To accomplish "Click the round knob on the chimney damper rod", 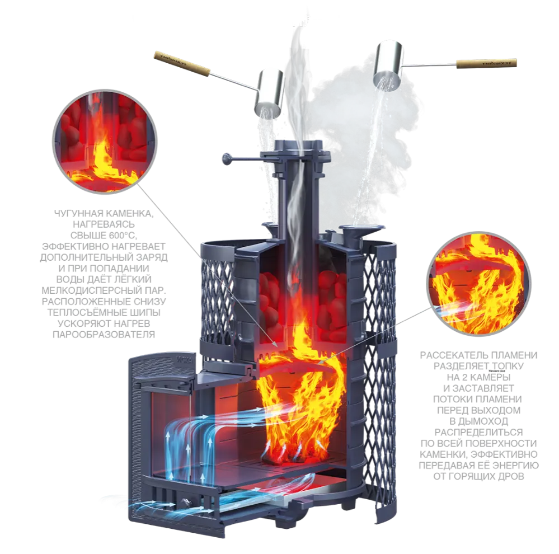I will (227, 159).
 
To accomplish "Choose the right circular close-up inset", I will (478, 284).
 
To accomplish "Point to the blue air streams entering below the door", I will (140, 504).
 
